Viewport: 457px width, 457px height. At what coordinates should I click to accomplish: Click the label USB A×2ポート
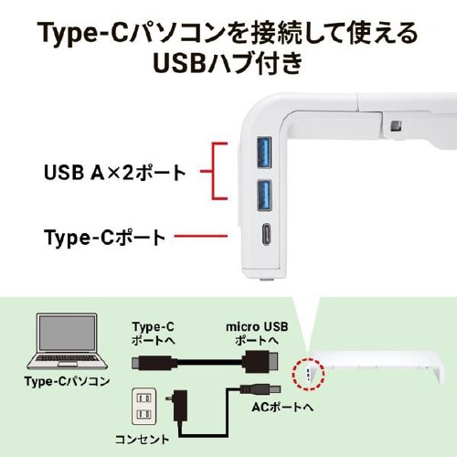(x=114, y=171)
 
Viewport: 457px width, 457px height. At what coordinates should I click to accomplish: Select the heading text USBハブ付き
(x=228, y=66)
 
